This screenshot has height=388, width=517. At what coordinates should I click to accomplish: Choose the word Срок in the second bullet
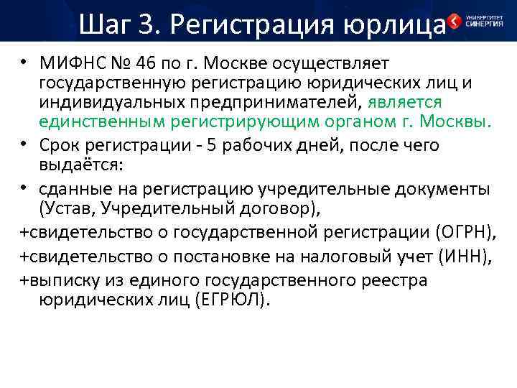[63, 145]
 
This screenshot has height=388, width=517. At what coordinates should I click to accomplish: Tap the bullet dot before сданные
[24, 189]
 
